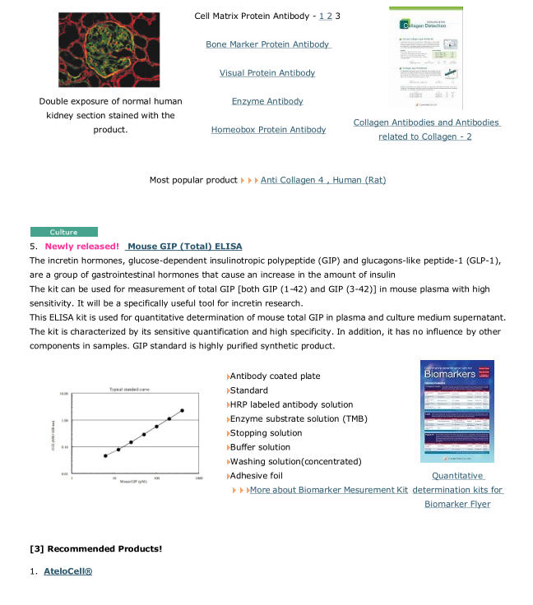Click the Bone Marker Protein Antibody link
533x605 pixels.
[267, 44]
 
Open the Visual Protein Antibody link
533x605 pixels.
[267, 73]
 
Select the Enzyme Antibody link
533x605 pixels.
[267, 101]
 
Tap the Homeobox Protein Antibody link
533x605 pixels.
[268, 130]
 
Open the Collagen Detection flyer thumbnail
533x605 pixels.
[425, 58]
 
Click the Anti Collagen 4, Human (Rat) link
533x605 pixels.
[322, 180]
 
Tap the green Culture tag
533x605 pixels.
[63, 233]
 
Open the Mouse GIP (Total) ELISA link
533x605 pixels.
[185, 247]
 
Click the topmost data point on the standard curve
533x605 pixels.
[182, 410]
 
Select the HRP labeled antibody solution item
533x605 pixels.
[291, 404]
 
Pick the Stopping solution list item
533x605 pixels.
[266, 433]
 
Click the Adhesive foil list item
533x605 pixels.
[257, 476]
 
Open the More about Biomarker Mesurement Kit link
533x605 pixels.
[328, 490]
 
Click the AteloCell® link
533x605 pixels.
[67, 571]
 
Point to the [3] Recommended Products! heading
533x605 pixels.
[95, 548]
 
